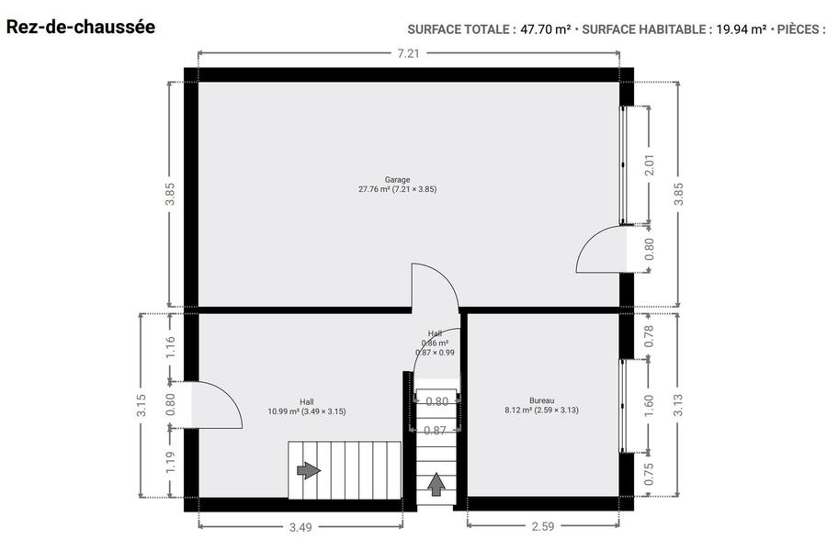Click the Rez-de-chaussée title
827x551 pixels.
(81, 27)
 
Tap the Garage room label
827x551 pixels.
(397, 185)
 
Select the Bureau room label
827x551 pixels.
(541, 405)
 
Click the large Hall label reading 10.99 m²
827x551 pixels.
(307, 407)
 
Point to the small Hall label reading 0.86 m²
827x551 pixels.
(436, 343)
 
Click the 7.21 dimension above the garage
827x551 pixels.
(408, 53)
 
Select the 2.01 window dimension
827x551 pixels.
(650, 164)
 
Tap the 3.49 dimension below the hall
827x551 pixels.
(300, 527)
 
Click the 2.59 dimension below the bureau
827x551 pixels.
(543, 526)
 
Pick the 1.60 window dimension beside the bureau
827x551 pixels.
(649, 405)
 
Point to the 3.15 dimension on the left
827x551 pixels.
(142, 405)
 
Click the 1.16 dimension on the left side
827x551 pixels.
(170, 347)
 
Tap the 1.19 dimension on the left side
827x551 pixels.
(170, 463)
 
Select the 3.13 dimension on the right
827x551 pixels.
(678, 405)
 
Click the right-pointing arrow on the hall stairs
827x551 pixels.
(309, 470)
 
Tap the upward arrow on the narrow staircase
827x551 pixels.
(436, 485)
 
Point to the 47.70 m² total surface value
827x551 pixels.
(545, 29)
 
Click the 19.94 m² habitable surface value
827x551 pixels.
(741, 29)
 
